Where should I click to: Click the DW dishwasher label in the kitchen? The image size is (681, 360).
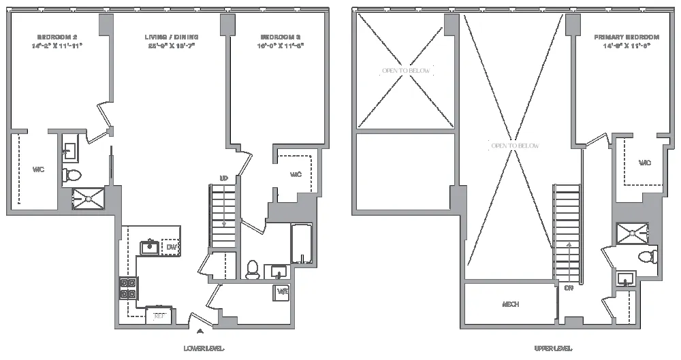pyautogui.click(x=171, y=247)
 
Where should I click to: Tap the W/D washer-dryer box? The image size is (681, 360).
pyautogui.click(x=282, y=293)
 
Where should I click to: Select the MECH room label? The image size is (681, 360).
pyautogui.click(x=511, y=304)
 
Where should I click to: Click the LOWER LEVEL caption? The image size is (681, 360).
pyautogui.click(x=204, y=348)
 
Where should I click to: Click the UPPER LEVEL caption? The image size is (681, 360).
pyautogui.click(x=552, y=348)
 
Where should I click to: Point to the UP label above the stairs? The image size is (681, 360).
pyautogui.click(x=223, y=178)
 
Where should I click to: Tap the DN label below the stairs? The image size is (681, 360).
pyautogui.click(x=569, y=288)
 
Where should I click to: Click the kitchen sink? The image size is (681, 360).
pyautogui.click(x=150, y=246)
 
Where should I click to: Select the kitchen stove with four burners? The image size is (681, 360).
pyautogui.click(x=127, y=289)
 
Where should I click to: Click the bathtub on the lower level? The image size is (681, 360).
pyautogui.click(x=302, y=244)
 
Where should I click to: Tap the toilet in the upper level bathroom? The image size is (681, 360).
pyautogui.click(x=647, y=257)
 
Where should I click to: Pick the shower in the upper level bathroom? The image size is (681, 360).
pyautogui.click(x=632, y=233)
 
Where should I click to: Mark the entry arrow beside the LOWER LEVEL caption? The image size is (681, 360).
pyautogui.click(x=200, y=332)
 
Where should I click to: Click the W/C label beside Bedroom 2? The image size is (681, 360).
pyautogui.click(x=38, y=169)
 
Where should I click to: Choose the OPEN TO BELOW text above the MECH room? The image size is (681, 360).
pyautogui.click(x=515, y=146)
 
